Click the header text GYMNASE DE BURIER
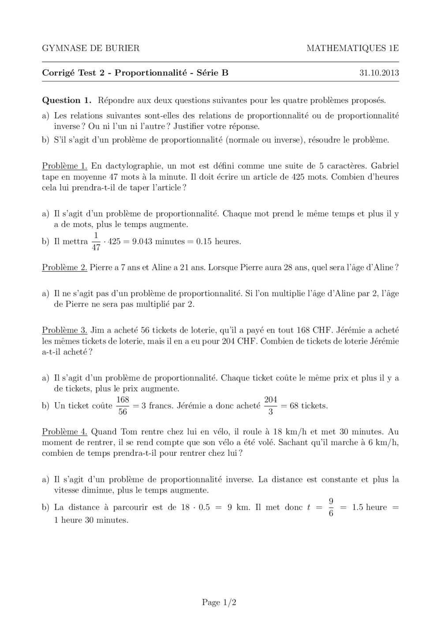[x=90, y=49]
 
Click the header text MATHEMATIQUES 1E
[x=352, y=49]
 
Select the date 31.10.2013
[x=379, y=73]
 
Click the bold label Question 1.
[x=67, y=100]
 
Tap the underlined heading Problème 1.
[x=65, y=166]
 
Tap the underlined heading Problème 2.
[x=64, y=267]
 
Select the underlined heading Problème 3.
[x=65, y=330]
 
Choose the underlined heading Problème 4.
[x=65, y=432]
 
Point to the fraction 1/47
[x=96, y=241]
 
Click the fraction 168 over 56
[x=123, y=405]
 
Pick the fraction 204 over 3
[x=270, y=405]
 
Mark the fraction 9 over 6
[x=331, y=507]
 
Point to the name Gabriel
[x=385, y=166]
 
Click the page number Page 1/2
[x=219, y=602]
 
